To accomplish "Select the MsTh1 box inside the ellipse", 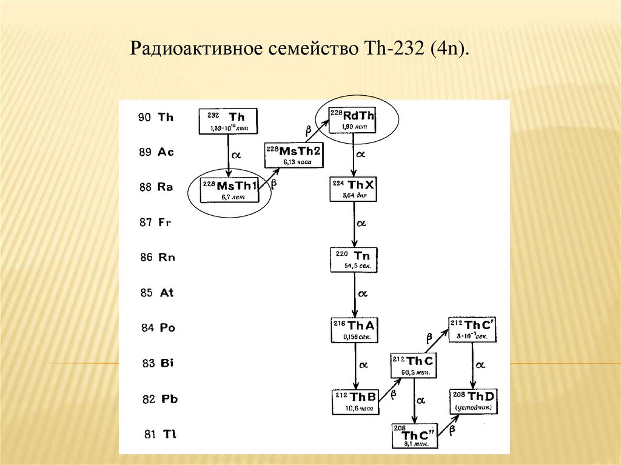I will pyautogui.click(x=229, y=190).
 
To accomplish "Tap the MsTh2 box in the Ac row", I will pyautogui.click(x=294, y=155).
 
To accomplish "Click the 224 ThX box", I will pyautogui.click(x=353, y=189).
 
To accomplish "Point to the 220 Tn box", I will pyautogui.click(x=353, y=259).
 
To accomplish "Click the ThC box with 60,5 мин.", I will pyautogui.click(x=414, y=366).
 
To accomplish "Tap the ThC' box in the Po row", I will pyautogui.click(x=472, y=330).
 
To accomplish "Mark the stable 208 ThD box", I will pyautogui.click(x=474, y=400).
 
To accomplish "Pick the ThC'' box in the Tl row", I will pyautogui.click(x=415, y=435).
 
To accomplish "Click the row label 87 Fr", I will pyautogui.click(x=155, y=222).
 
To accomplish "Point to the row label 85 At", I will pyautogui.click(x=156, y=293).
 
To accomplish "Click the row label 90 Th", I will pyautogui.click(x=156, y=118).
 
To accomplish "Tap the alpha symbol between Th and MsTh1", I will pyautogui.click(x=237, y=155).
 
